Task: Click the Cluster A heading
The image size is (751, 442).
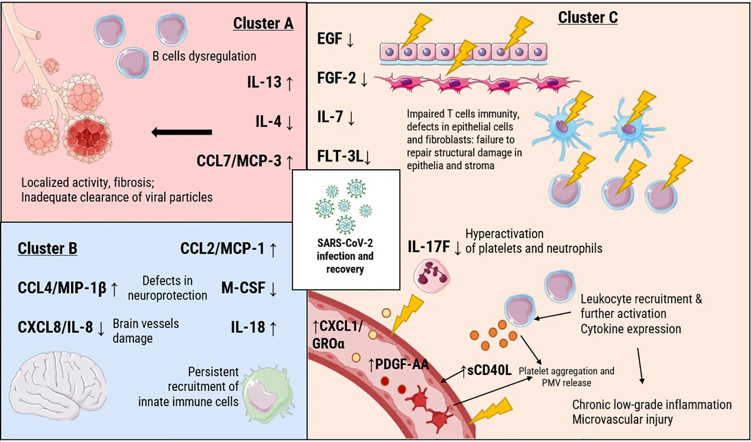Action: click(x=263, y=24)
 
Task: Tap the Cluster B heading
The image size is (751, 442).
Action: click(x=47, y=249)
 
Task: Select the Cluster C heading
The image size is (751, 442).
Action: click(x=587, y=18)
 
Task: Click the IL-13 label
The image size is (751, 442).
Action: click(x=264, y=82)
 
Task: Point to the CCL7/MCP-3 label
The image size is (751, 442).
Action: click(x=239, y=161)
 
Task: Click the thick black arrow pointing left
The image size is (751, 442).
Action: click(x=182, y=132)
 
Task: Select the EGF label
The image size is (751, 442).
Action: click(x=330, y=39)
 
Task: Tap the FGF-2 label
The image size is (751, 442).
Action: click(x=337, y=78)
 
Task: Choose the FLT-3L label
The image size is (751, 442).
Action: click(x=340, y=157)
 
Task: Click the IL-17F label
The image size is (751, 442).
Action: click(x=429, y=247)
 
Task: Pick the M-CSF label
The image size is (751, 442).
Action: click(x=243, y=288)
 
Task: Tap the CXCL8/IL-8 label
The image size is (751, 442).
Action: click(x=55, y=327)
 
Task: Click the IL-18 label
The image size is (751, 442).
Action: click(x=248, y=327)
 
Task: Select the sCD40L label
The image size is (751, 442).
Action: click(x=489, y=370)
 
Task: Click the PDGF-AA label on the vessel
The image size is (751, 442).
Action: click(x=402, y=364)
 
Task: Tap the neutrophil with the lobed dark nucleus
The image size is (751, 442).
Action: click(x=431, y=276)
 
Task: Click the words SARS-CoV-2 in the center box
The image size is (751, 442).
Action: click(x=345, y=243)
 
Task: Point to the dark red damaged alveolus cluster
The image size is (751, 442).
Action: click(x=88, y=138)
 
